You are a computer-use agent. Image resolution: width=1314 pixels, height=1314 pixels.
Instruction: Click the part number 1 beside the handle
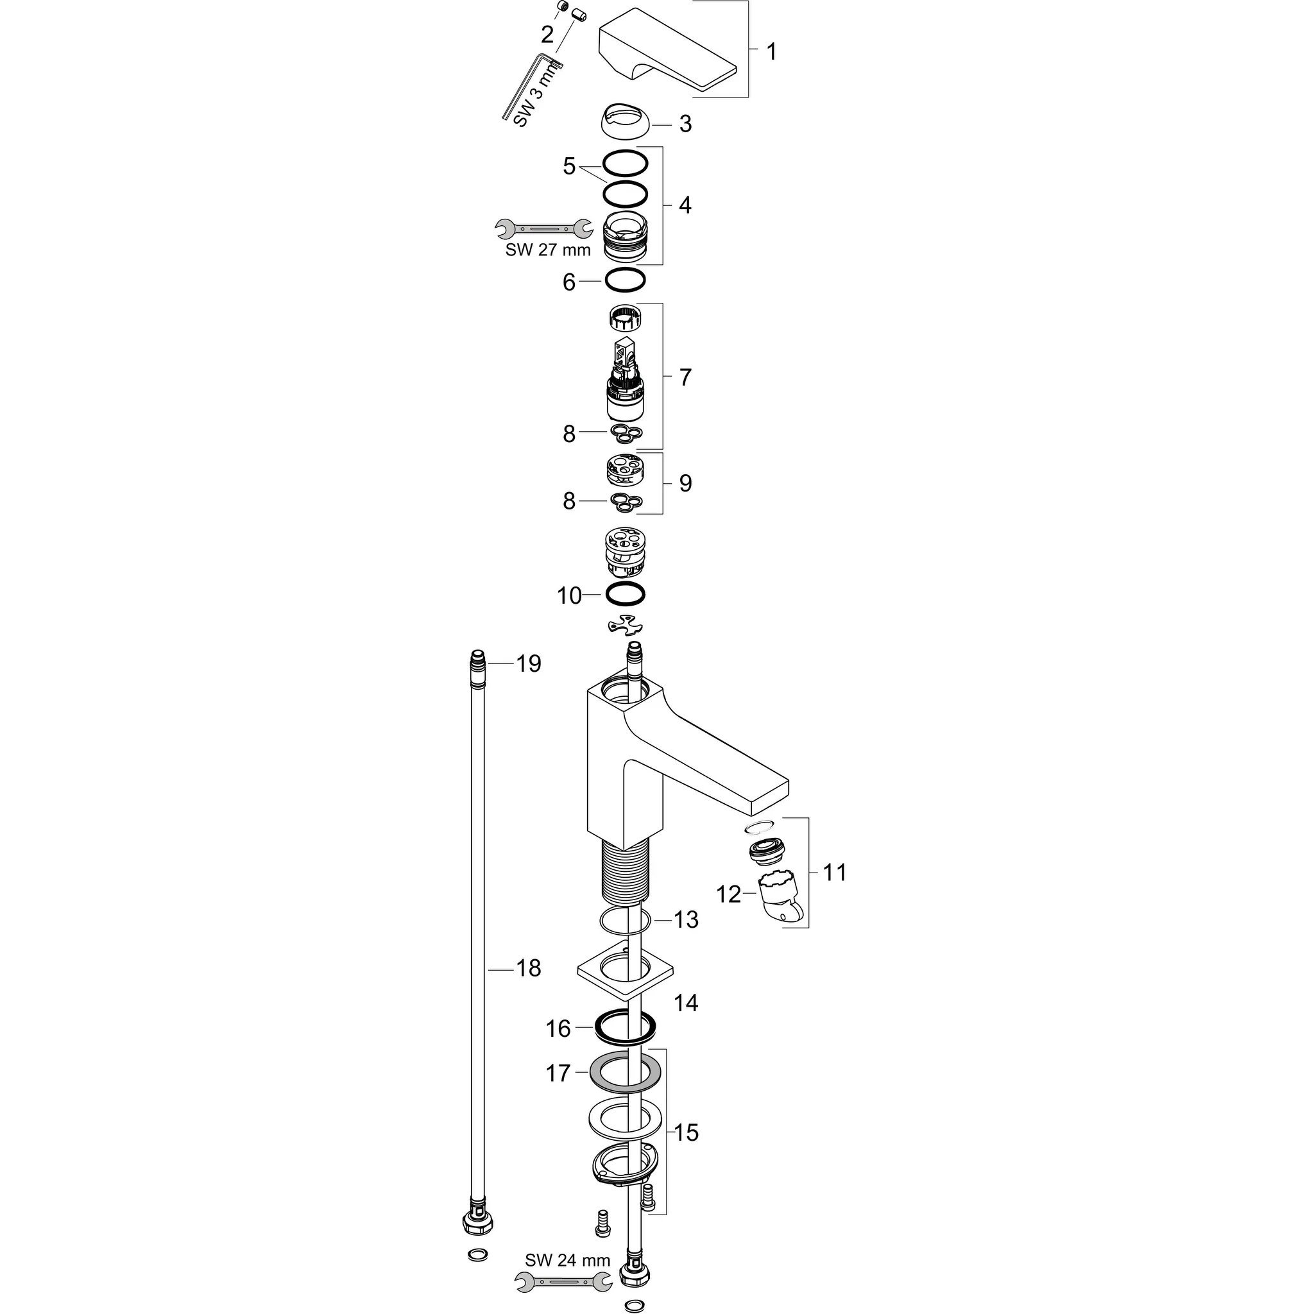771,52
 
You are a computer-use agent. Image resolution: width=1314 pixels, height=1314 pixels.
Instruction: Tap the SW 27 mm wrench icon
543,228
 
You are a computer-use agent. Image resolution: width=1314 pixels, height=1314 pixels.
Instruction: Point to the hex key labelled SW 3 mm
531,89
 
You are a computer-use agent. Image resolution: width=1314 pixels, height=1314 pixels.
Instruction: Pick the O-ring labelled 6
625,278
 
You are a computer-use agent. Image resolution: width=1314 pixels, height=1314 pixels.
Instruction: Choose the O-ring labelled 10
625,593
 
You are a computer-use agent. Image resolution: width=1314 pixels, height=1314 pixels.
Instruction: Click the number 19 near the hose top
529,663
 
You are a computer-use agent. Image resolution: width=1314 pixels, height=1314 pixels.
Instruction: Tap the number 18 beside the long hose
529,968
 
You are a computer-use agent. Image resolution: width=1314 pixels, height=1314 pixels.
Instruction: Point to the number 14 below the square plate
686,1003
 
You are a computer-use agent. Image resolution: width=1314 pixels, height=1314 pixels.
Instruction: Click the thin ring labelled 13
625,921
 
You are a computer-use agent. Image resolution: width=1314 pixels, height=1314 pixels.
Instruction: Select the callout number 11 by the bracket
835,872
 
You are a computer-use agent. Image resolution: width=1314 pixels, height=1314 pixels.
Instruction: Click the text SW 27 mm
548,250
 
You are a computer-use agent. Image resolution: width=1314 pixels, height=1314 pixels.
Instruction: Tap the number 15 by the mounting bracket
686,1132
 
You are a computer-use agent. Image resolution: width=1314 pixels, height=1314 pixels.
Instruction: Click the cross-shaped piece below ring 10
625,625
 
